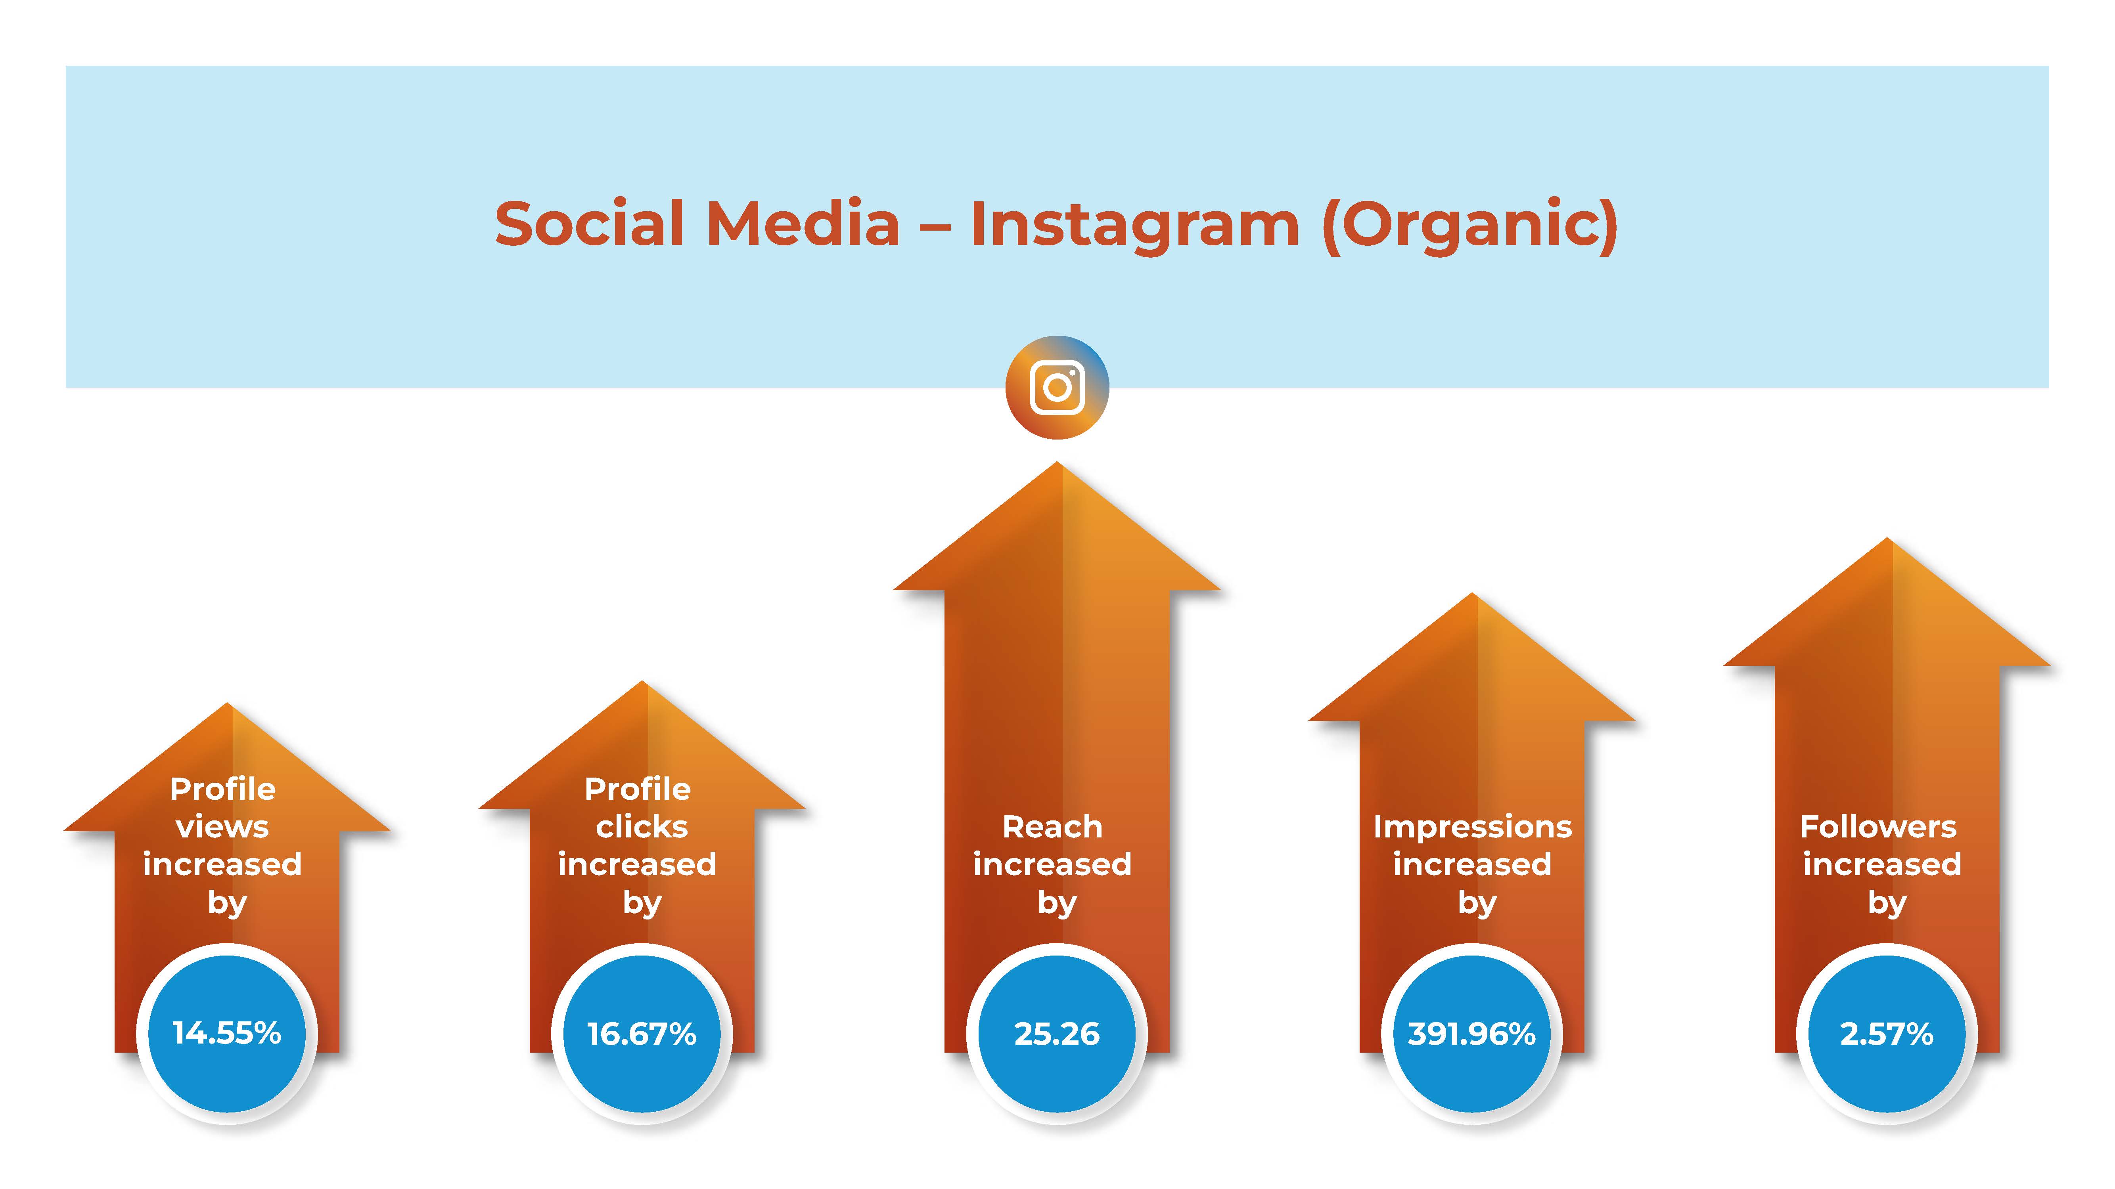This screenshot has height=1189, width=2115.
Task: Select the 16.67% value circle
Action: (642, 1033)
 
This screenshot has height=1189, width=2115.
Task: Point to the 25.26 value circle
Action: (1057, 1033)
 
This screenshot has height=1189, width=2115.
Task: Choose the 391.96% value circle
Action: (1472, 1033)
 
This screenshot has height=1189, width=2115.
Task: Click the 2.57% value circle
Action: (1887, 1033)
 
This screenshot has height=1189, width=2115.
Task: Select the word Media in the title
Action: (803, 223)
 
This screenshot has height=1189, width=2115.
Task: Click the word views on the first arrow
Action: (222, 827)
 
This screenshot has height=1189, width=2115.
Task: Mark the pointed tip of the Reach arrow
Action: (1057, 462)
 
